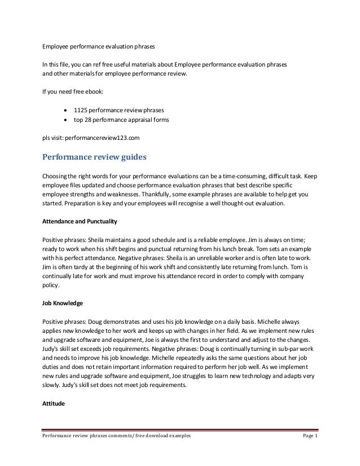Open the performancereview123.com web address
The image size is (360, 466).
tap(102, 137)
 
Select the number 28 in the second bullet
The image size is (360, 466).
tap(98, 120)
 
